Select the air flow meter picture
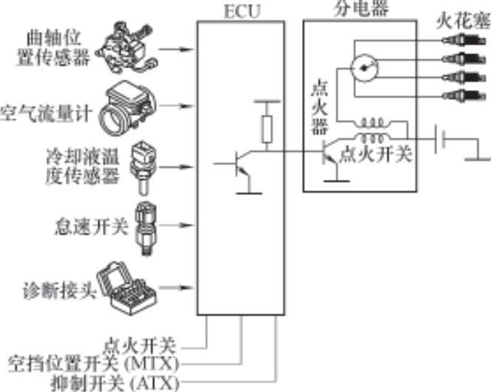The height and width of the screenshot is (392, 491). coord(130,105)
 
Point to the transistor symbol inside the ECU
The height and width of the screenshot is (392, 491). coord(238,163)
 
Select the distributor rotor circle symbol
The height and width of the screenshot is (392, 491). coord(364,68)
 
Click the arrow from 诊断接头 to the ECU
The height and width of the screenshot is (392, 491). coord(178,286)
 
